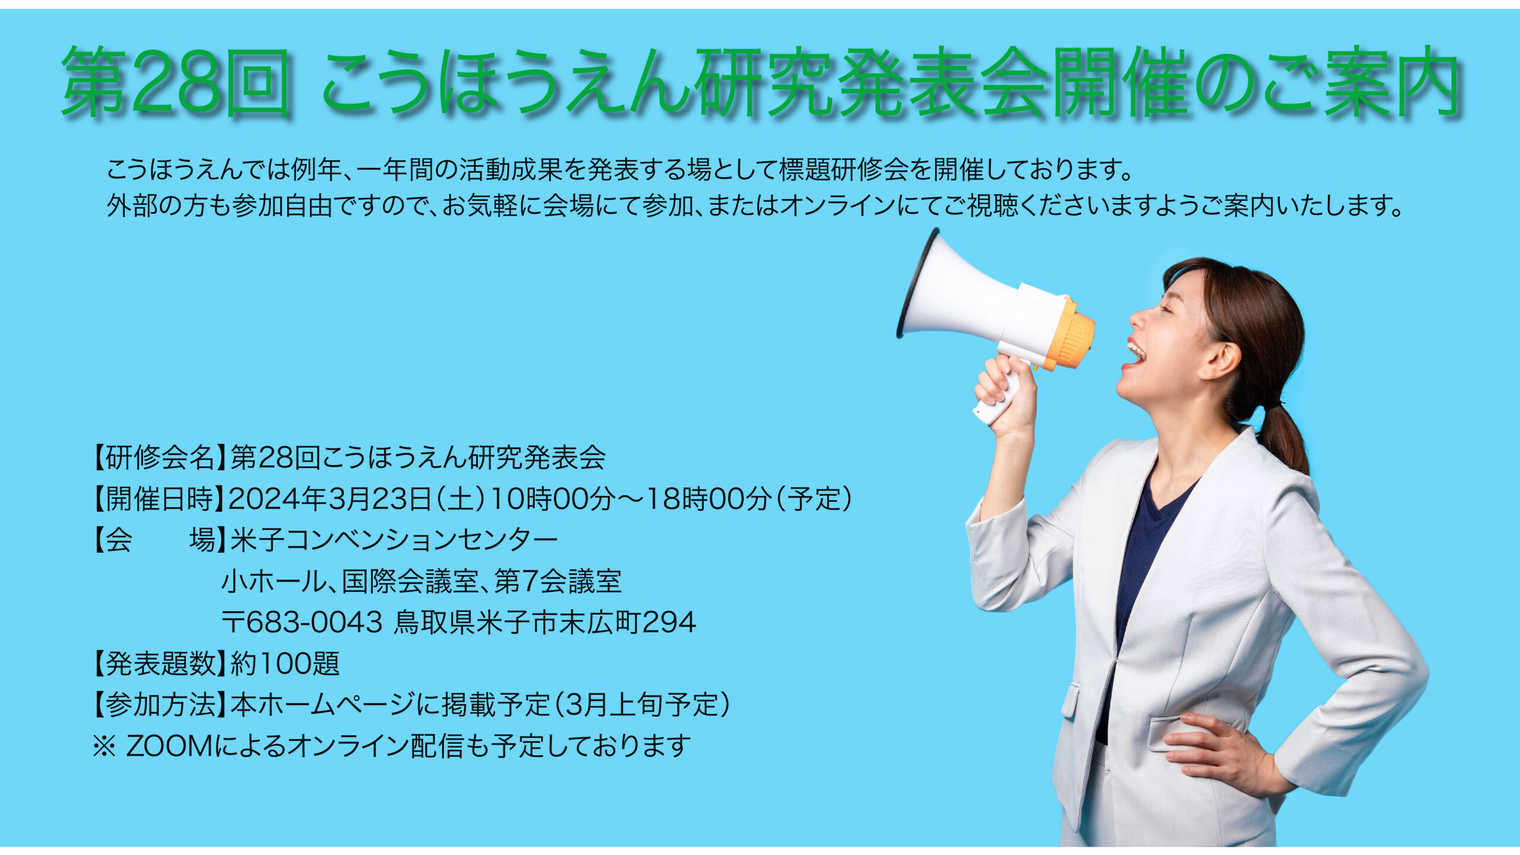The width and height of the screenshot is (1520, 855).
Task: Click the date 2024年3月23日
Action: pos(330,499)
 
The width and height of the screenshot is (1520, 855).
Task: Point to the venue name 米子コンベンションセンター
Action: pos(394,540)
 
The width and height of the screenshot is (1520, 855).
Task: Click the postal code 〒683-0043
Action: pos(302,622)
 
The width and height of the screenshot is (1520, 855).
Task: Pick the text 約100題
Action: pos(285,663)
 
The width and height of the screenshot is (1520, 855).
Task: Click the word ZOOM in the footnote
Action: pos(169,746)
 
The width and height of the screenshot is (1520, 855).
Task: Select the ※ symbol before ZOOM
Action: pos(104,747)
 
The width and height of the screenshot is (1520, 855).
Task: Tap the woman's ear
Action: pos(1225,359)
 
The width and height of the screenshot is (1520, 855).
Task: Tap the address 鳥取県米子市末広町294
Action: pos(544,622)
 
